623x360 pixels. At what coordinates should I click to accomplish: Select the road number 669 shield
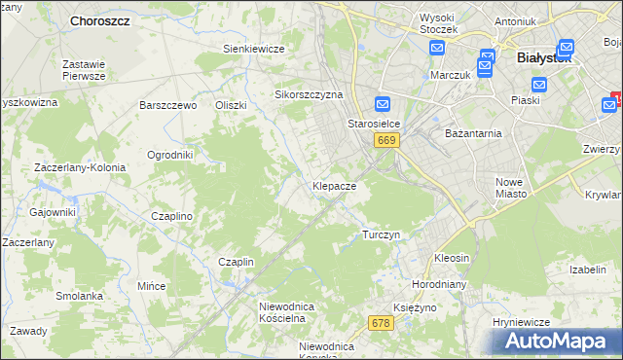(x=386, y=141)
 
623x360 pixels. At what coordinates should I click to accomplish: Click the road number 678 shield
(x=381, y=322)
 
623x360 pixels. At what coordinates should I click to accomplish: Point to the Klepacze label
(x=334, y=185)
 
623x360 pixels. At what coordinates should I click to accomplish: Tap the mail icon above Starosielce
(x=383, y=105)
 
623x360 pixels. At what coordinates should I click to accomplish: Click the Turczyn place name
(x=382, y=235)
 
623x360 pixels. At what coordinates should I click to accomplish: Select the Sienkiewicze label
(x=253, y=49)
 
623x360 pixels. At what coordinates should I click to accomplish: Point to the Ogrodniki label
(x=170, y=155)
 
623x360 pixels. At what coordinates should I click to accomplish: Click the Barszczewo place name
(x=168, y=105)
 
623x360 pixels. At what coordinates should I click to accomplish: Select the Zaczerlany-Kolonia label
(x=80, y=167)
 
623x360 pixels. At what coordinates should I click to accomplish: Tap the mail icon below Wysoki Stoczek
(x=436, y=47)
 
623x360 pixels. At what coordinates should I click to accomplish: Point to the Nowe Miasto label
(x=511, y=188)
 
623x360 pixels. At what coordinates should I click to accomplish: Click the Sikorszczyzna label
(x=310, y=95)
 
